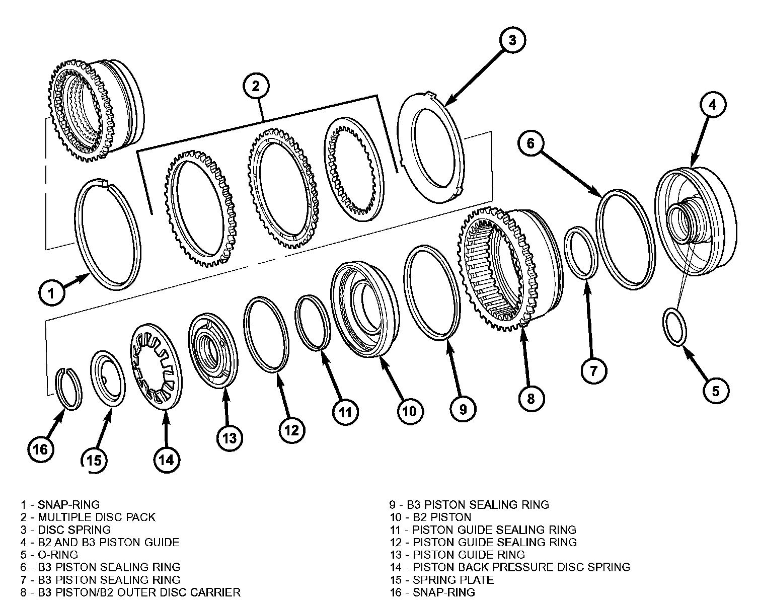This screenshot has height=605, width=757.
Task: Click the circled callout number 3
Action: pyautogui.click(x=512, y=40)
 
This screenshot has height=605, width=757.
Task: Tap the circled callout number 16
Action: pyautogui.click(x=40, y=449)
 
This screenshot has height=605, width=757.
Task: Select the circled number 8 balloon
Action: pyautogui.click(x=531, y=399)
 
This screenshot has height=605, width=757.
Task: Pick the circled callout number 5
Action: pyautogui.click(x=716, y=391)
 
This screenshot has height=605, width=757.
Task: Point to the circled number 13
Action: pyautogui.click(x=230, y=438)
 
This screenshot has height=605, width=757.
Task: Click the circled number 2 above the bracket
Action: pyautogui.click(x=256, y=86)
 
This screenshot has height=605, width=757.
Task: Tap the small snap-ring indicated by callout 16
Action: pyautogui.click(x=69, y=389)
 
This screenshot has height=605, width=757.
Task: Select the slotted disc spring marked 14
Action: pyautogui.click(x=156, y=366)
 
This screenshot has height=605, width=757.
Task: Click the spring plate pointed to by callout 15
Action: pyautogui.click(x=108, y=379)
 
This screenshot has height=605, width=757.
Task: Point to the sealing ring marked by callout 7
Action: pyautogui.click(x=581, y=253)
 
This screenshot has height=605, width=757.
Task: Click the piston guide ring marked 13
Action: pyautogui.click(x=213, y=350)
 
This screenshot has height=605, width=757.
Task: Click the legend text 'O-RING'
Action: pyautogui.click(x=58, y=555)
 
